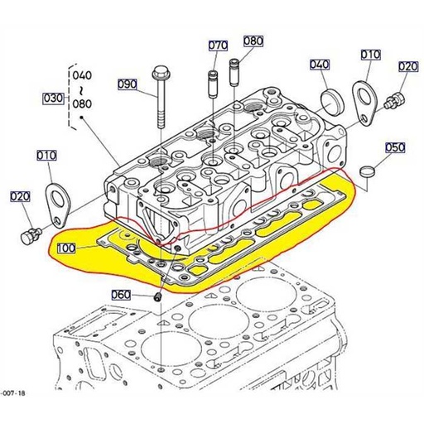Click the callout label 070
click(x=218, y=44)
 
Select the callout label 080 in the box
click(x=253, y=41)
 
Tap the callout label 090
click(x=127, y=84)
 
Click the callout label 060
click(x=122, y=295)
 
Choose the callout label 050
click(x=395, y=147)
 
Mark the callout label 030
click(x=51, y=99)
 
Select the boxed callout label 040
click(x=320, y=64)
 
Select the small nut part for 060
click(x=157, y=296)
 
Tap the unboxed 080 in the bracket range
click(x=82, y=105)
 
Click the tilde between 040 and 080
click(x=82, y=90)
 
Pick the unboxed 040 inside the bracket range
click(x=82, y=75)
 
